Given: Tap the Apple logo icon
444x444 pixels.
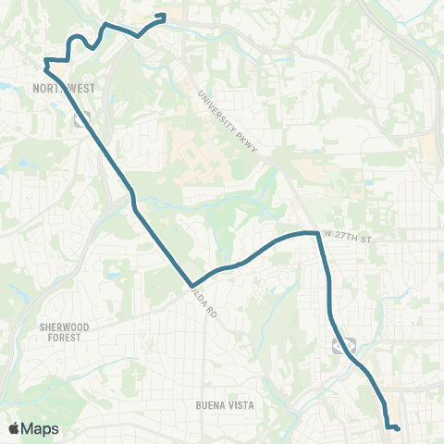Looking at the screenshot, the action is [16, 428].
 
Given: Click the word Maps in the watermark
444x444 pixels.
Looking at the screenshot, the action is [41, 428].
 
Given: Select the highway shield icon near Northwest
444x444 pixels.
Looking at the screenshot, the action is [81, 118].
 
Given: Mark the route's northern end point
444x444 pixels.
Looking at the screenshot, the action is [164, 15].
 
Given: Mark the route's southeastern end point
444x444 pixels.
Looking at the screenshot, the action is [398, 428].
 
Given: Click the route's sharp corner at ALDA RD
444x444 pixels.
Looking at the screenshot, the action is [191, 286].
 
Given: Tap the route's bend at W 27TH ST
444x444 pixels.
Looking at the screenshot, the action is [318, 233].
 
